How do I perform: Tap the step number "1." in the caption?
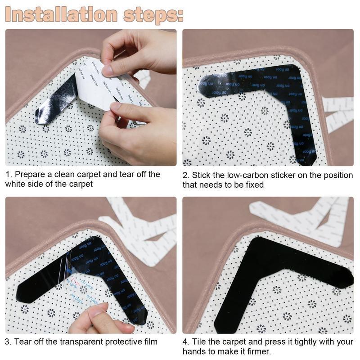[x=9, y=175]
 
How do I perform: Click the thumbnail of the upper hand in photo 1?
[x=108, y=70]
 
